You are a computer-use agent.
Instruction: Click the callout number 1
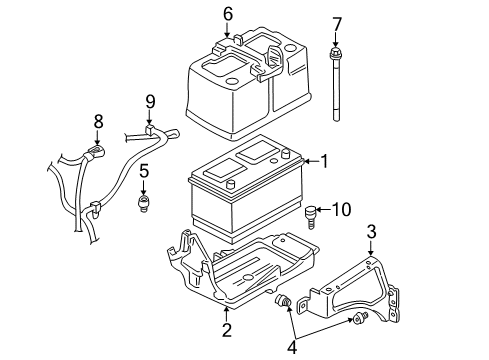pos(323,160)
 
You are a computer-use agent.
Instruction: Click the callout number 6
pos(227,13)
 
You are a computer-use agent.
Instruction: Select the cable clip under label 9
pos(150,130)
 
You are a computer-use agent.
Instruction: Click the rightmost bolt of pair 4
pos(358,319)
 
